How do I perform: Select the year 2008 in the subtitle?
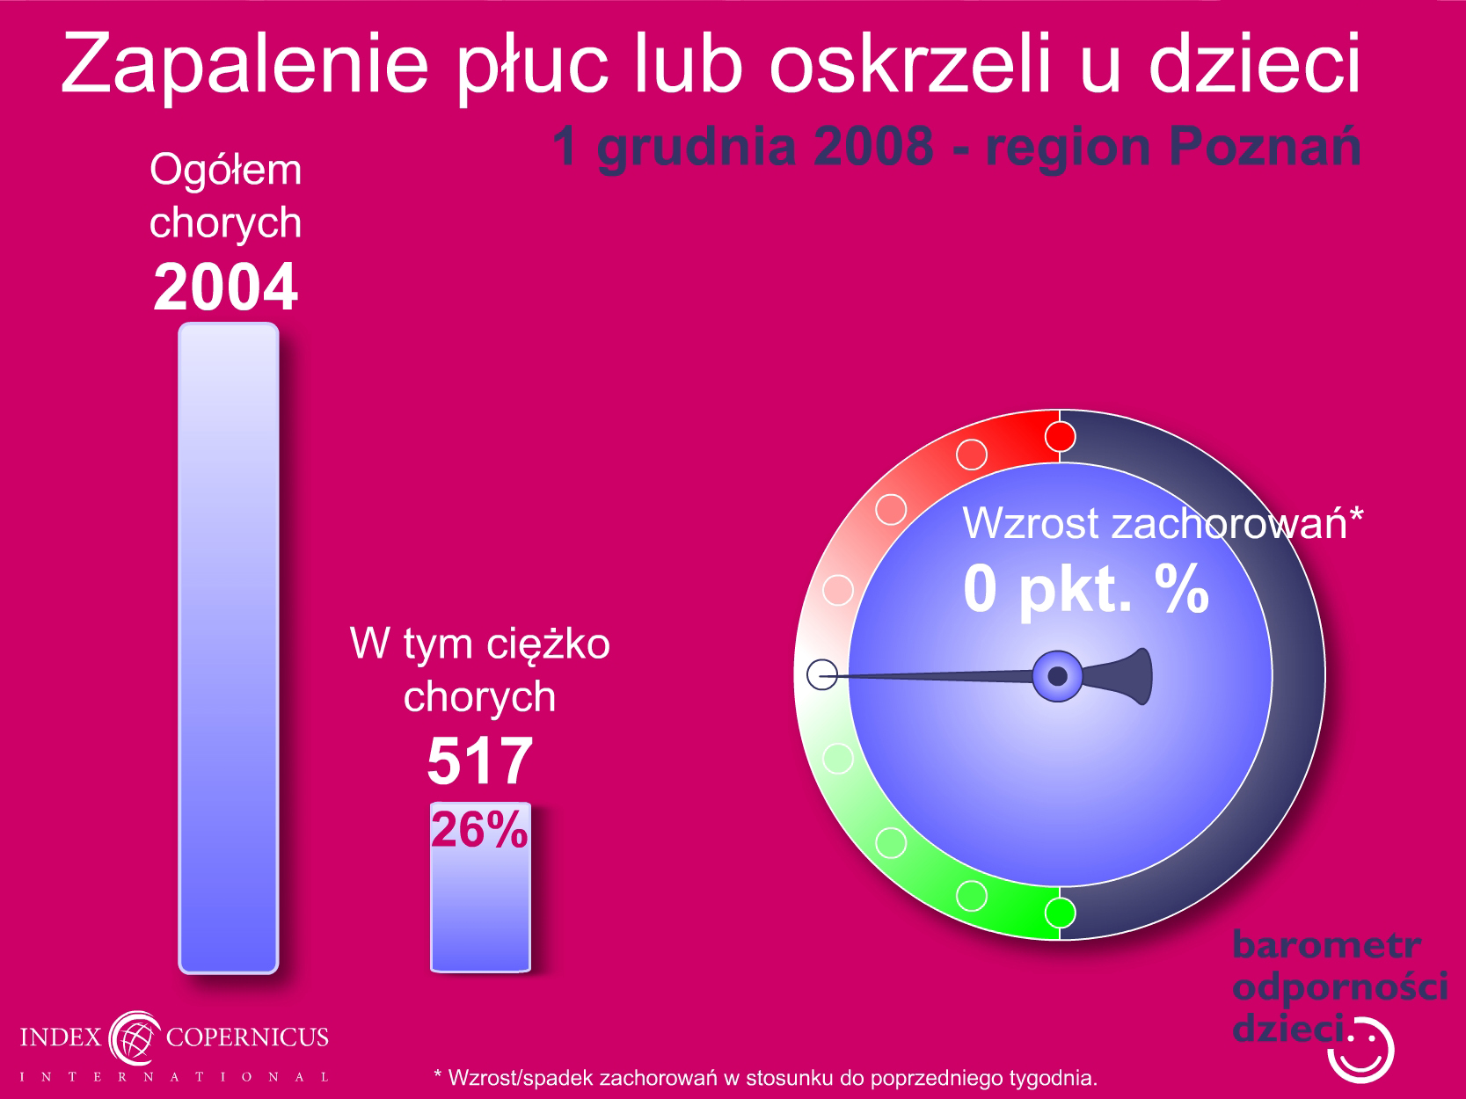873,146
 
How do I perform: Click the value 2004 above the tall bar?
226,287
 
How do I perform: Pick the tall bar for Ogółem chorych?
229,648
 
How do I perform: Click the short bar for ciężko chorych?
480,887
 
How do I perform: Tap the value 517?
480,761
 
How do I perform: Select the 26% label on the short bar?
479,830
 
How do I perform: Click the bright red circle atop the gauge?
1060,437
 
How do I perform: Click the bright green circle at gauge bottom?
1060,912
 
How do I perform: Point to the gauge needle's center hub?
1058,676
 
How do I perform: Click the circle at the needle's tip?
822,674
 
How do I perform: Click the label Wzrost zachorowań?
1155,523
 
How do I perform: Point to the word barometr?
1326,945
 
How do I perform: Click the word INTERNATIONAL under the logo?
175,1077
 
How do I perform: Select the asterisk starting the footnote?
438,1074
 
